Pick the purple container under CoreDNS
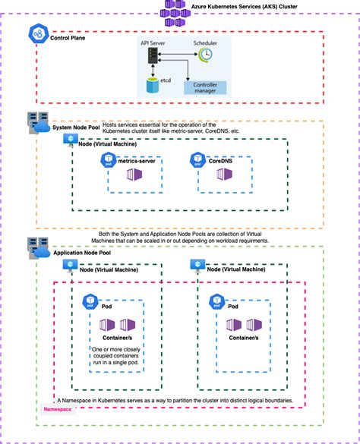[x=223, y=175]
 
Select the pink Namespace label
[x=59, y=409]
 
